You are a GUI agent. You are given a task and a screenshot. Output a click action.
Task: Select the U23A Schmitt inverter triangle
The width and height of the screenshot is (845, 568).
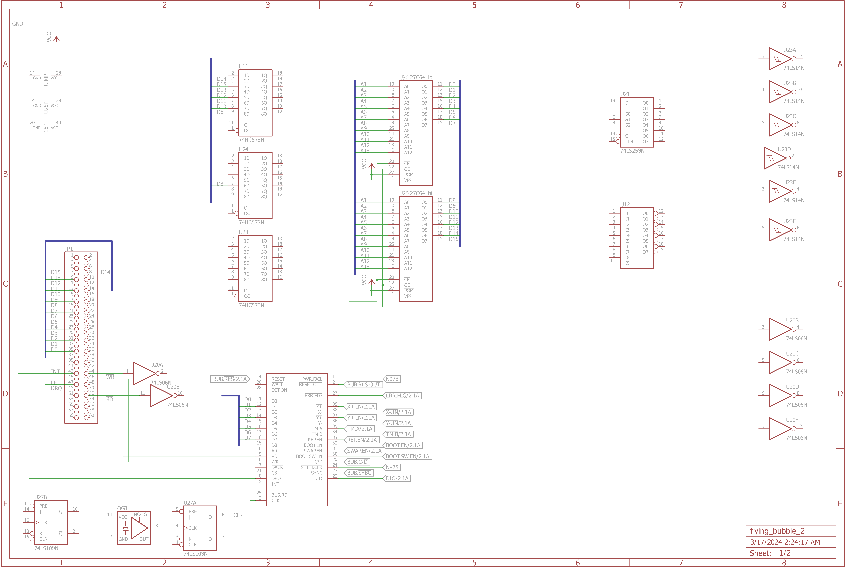(779, 59)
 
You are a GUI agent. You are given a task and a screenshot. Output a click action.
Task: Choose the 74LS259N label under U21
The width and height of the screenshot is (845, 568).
(632, 151)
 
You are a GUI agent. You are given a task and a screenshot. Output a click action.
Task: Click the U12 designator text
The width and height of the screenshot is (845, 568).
(625, 205)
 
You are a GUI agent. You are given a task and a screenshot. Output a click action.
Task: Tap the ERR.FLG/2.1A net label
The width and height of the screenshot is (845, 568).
(402, 396)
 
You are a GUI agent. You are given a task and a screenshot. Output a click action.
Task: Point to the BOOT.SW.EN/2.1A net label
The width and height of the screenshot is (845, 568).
(407, 456)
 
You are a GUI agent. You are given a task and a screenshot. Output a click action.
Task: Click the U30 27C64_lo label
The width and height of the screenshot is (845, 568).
(416, 77)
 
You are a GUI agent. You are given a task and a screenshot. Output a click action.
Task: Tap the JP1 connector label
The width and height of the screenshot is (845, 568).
(69, 249)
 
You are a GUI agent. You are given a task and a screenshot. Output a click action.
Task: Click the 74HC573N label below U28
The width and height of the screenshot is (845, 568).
(251, 305)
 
